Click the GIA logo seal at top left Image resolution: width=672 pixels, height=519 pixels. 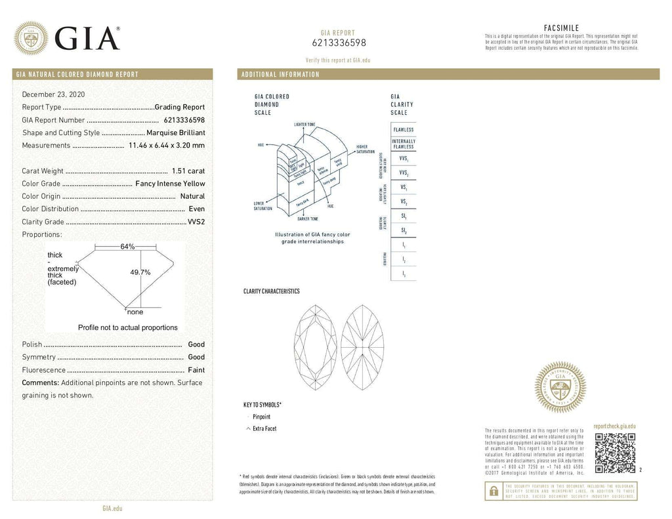coord(31,38)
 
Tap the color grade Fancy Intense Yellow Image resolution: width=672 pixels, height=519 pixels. coord(170,184)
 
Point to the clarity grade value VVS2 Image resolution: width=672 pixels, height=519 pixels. coord(196,222)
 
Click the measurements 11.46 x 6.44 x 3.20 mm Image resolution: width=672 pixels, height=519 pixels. coord(167,145)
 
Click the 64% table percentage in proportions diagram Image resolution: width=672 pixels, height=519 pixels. coord(127,247)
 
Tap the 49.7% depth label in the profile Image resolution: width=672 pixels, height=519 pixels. coord(140,272)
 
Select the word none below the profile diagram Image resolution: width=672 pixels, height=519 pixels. coord(135,312)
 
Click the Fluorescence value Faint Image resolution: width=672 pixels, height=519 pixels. coord(196,370)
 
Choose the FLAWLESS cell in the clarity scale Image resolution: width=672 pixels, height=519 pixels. coord(403,130)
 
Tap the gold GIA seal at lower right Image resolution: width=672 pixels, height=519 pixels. coord(560,387)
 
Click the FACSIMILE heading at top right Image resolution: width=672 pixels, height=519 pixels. coord(561,28)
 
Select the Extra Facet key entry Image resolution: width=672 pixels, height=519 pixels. coord(264,428)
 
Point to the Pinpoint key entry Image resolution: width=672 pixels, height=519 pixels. coord(261,417)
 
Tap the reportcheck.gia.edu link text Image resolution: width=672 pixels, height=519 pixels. coord(614,426)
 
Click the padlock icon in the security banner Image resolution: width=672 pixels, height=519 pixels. coord(492,491)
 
